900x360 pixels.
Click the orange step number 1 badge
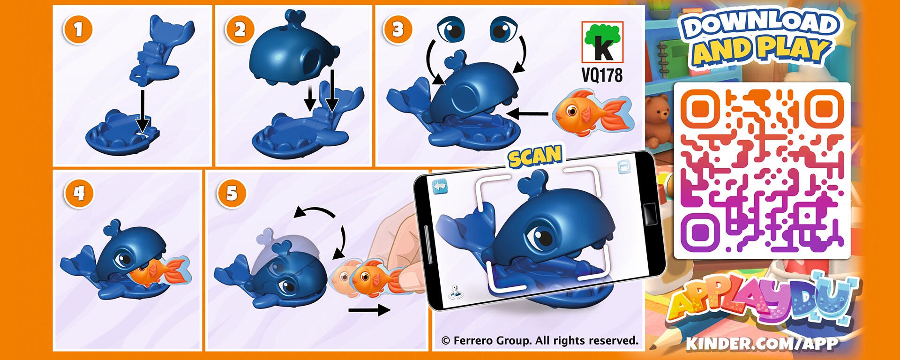[x=78, y=30]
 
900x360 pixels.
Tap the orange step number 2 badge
[x=240, y=30]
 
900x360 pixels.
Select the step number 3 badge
[x=397, y=30]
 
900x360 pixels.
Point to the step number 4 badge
[x=79, y=193]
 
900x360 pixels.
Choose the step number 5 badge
[x=232, y=193]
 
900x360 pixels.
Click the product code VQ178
[x=602, y=75]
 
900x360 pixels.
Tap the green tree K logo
[x=602, y=42]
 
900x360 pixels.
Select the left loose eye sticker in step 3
[x=451, y=29]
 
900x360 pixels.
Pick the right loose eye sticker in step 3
[x=503, y=29]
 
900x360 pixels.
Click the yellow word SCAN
[x=535, y=156]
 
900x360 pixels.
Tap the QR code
[x=762, y=171]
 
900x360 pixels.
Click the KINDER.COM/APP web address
[x=762, y=344]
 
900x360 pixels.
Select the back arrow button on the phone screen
[x=440, y=187]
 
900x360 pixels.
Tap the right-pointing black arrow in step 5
[x=369, y=310]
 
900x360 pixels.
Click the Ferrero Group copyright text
[x=540, y=341]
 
